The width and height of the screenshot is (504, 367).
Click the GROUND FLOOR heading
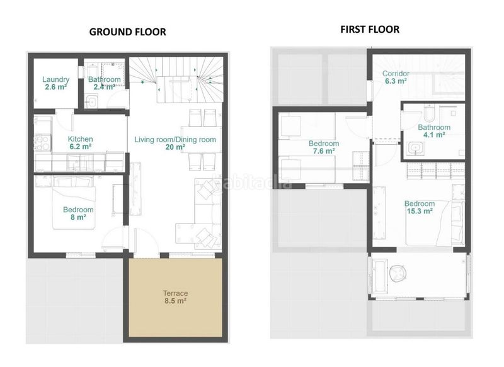128,31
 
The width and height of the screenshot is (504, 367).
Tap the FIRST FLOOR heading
370,29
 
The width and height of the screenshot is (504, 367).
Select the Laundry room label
55,79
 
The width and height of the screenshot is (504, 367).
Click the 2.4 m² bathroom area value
104,87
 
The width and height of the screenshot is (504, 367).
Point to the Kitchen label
81,139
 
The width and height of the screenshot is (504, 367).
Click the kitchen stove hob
42,143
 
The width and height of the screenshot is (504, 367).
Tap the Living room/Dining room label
175,140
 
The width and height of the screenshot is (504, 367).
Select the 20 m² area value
175,147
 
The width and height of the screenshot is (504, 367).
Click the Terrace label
176,293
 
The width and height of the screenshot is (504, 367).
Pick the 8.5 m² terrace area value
176,301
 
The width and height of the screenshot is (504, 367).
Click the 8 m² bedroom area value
78,217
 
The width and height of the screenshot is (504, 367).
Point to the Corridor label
396,74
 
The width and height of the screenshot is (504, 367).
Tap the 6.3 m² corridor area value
396,81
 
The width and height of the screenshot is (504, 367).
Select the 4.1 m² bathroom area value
434,135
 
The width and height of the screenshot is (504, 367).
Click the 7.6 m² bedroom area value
324,151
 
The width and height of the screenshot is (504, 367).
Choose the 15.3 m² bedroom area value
420,211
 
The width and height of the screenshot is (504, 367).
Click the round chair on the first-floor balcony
398,274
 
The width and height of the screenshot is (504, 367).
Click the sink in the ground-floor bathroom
92,102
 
